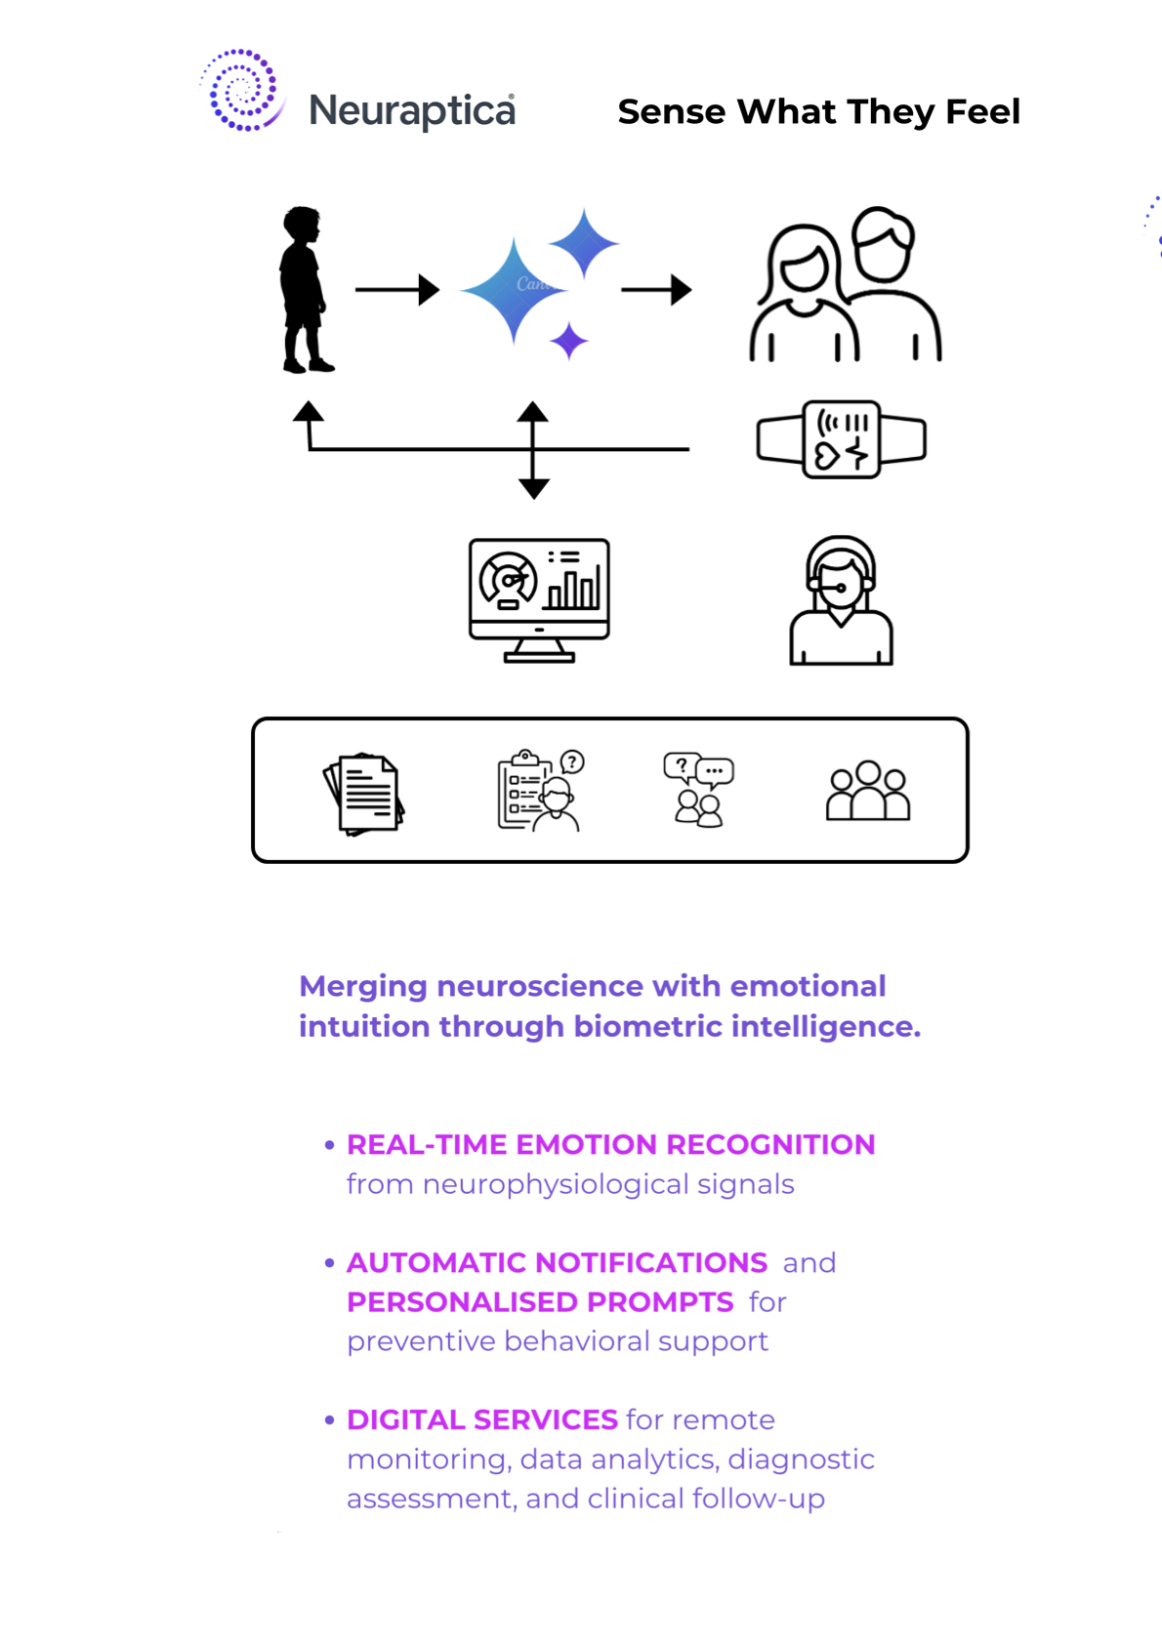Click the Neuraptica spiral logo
click(241, 91)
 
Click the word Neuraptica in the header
click(411, 111)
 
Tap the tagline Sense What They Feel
click(818, 111)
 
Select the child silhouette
click(304, 289)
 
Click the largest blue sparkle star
click(513, 290)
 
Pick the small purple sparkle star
click(568, 342)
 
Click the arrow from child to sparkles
click(396, 290)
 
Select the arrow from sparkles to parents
click(656, 290)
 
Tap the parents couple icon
click(845, 285)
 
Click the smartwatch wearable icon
click(841, 439)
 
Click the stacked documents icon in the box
click(364, 794)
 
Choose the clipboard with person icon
click(540, 791)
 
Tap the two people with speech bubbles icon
click(698, 790)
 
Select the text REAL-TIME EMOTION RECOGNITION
click(610, 1144)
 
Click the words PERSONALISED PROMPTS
click(540, 1301)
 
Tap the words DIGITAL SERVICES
click(482, 1419)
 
